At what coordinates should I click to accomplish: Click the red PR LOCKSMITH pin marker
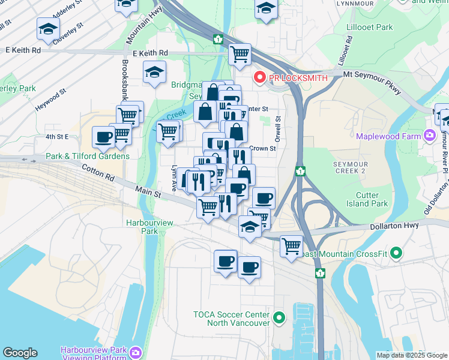coord(260,77)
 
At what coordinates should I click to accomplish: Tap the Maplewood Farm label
coord(389,136)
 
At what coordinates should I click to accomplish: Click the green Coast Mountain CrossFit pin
coord(396,254)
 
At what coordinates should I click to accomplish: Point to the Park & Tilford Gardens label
coord(88,156)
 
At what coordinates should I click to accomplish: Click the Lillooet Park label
coord(370,27)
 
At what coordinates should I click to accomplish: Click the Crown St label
coord(262,148)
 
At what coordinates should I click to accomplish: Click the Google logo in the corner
coord(20,353)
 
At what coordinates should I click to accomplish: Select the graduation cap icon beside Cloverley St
coord(48,28)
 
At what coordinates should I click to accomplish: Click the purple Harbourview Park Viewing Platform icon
coord(136,352)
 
